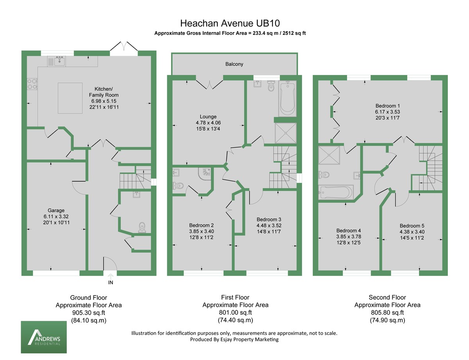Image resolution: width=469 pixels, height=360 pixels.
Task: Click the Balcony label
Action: [x=234, y=64]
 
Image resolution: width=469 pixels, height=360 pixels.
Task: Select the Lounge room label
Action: [x=208, y=116]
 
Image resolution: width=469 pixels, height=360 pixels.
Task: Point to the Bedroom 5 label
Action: [x=412, y=226]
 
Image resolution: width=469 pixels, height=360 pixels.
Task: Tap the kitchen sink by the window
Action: [x=56, y=61]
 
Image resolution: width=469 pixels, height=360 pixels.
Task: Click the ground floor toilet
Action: [x=141, y=227]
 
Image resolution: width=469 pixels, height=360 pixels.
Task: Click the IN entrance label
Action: [x=110, y=282]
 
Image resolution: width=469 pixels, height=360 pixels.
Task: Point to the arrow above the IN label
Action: [x=110, y=276]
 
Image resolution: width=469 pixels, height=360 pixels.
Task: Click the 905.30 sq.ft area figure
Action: [x=88, y=313]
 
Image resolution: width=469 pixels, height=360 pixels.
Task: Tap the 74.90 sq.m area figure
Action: [x=387, y=320]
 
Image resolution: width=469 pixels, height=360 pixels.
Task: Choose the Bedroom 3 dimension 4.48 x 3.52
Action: [x=269, y=226]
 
